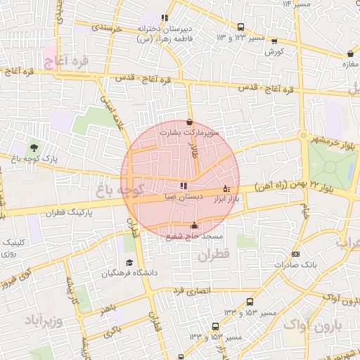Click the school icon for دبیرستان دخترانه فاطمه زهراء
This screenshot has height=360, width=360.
(165, 18)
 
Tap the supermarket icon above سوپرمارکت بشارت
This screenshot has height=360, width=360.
(189, 122)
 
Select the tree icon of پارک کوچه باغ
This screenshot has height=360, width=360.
(33, 148)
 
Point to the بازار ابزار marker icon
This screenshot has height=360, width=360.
(226, 188)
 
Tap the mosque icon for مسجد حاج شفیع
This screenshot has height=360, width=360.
(194, 226)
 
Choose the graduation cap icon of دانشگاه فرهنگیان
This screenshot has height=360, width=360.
(129, 262)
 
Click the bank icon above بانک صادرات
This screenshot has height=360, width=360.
(295, 254)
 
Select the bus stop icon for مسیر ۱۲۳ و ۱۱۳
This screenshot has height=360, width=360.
(274, 40)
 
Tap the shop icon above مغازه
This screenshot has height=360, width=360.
(350, 53)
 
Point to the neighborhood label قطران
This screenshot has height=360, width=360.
(214, 257)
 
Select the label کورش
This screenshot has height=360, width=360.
(274, 52)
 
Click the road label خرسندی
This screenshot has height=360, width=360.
(108, 27)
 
